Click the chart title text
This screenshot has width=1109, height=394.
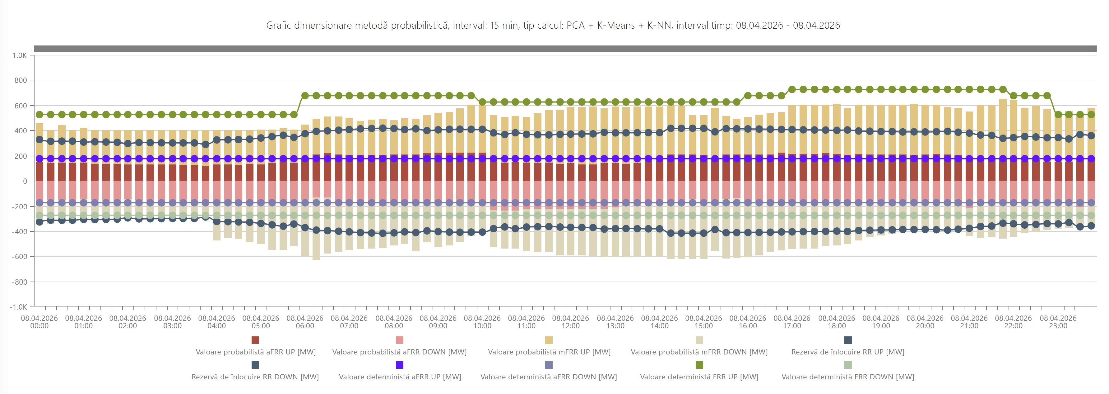pyautogui.click(x=553, y=26)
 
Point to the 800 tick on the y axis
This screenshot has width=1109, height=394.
pyautogui.click(x=20, y=80)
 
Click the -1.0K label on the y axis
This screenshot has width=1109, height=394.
pyautogui.click(x=19, y=307)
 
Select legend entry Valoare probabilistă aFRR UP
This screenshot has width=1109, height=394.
pyautogui.click(x=256, y=352)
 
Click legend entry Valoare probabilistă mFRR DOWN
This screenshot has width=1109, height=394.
pyautogui.click(x=699, y=352)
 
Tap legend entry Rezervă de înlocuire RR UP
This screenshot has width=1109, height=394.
pyautogui.click(x=848, y=352)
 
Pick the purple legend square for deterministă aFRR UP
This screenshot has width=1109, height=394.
pyautogui.click(x=400, y=365)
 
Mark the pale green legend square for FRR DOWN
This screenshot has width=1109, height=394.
pyautogui.click(x=848, y=365)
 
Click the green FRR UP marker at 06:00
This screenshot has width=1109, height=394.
pyautogui.click(x=305, y=96)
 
